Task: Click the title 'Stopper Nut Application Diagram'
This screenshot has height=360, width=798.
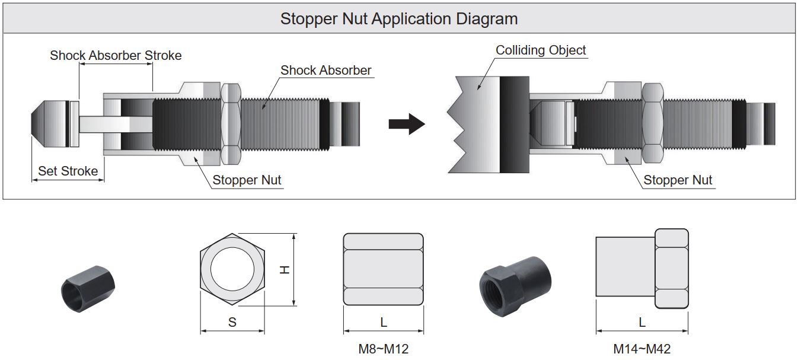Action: pos(398,18)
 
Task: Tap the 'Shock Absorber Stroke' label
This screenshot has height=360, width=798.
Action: pos(116,55)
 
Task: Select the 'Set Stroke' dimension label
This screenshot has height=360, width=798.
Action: pos(68,171)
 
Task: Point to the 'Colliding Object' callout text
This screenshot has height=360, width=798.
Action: pos(541,50)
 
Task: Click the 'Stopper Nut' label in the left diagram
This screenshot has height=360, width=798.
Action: pos(247,180)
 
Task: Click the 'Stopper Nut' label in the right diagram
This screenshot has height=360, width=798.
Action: pos(678,180)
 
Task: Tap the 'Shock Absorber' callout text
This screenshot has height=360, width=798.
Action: pos(326,70)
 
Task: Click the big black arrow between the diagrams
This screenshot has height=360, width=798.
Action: pos(407,125)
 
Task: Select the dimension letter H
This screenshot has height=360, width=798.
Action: pos(285,269)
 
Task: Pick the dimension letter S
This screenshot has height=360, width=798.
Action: pos(232,322)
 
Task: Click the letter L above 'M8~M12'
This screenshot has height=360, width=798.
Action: pos(384,322)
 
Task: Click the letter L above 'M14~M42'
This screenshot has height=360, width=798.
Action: pos(642,322)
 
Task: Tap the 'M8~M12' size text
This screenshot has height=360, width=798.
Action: pos(384,349)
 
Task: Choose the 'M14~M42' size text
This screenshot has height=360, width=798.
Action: pos(642,349)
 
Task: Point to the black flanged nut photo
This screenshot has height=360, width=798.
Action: pos(514,279)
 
